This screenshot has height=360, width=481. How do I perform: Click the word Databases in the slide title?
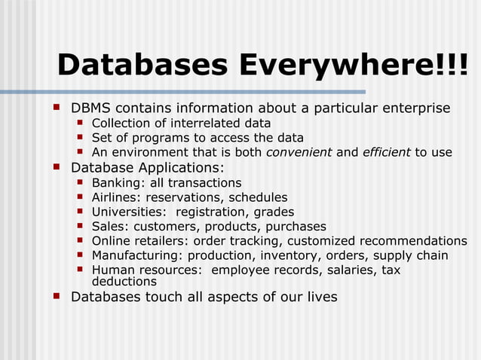click(x=142, y=66)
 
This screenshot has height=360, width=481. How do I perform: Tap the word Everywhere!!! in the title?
click(x=353, y=66)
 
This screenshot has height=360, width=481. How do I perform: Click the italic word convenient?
click(x=299, y=152)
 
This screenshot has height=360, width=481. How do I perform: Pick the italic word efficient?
click(x=387, y=152)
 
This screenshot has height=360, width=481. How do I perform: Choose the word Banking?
click(x=115, y=183)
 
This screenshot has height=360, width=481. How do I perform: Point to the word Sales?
click(x=109, y=226)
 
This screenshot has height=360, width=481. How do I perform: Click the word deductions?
click(x=124, y=281)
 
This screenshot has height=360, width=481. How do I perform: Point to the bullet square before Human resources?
click(x=80, y=270)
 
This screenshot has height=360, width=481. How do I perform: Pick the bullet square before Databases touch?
click(x=57, y=296)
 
